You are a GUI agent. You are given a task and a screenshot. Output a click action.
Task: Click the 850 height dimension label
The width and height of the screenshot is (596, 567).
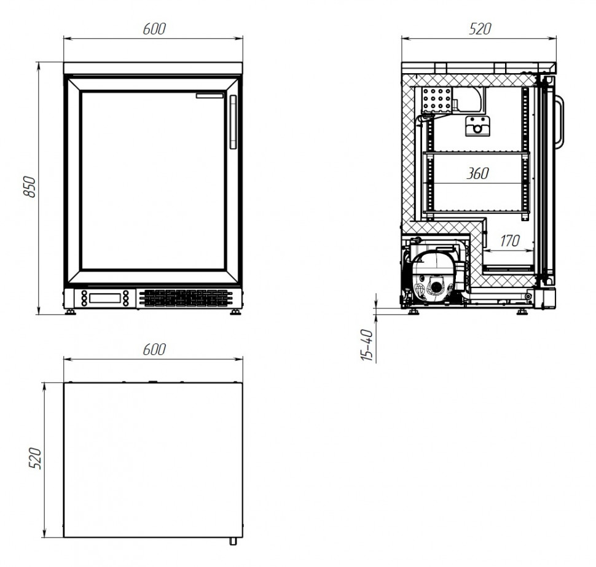coord(29,187)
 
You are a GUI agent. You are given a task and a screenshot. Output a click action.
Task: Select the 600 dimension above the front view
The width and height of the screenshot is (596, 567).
coord(154,29)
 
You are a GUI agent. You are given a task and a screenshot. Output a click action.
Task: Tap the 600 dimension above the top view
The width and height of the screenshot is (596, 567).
coord(154,350)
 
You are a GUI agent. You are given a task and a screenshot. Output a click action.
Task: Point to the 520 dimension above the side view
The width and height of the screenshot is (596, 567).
coord(480,29)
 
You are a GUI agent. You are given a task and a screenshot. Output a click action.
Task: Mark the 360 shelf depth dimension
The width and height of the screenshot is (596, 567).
coord(478,173)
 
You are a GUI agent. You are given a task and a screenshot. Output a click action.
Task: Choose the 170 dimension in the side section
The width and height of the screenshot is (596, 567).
coord(509,241)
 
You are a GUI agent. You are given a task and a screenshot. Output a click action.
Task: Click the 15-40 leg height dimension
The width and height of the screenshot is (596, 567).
coord(367,345)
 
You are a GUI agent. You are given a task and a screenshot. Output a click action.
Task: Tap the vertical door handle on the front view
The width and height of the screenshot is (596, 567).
coord(233,122)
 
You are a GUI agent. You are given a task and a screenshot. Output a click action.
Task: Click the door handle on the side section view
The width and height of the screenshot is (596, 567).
coord(561,122)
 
